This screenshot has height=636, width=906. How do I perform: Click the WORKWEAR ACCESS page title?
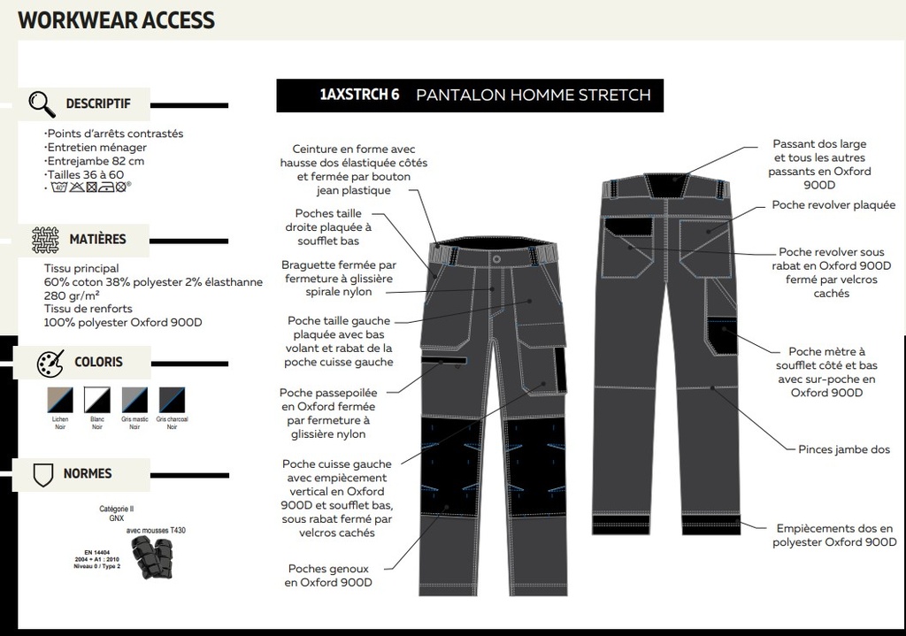pyautogui.click(x=116, y=19)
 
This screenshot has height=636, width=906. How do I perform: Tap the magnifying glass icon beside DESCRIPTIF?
pyautogui.click(x=42, y=103)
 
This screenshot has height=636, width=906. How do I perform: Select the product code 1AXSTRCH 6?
pyautogui.click(x=353, y=96)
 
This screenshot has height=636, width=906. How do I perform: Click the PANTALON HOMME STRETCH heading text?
pyautogui.click(x=533, y=96)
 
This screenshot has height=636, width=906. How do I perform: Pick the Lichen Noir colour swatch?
pyautogui.click(x=59, y=400)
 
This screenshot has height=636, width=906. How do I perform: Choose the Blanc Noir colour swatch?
pyautogui.click(x=96, y=400)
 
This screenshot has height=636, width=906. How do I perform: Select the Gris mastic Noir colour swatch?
pyautogui.click(x=134, y=400)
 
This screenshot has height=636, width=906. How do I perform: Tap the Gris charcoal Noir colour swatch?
pyautogui.click(x=172, y=400)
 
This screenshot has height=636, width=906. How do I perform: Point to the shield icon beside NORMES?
pyautogui.click(x=42, y=474)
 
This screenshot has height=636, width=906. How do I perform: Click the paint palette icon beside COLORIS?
pyautogui.click(x=50, y=363)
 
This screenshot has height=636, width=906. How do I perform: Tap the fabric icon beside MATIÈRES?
pyautogui.click(x=45, y=239)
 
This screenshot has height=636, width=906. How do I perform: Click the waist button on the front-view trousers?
pyautogui.click(x=496, y=259)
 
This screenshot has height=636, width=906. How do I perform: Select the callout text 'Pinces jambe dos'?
pyautogui.click(x=844, y=449)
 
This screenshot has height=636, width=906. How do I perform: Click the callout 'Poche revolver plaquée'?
pyautogui.click(x=833, y=205)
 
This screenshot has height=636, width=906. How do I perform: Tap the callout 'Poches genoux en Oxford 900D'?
pyautogui.click(x=328, y=576)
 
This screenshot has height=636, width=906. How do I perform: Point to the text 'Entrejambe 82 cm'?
pyautogui.click(x=96, y=161)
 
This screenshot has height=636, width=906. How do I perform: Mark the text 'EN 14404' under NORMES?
pyautogui.click(x=98, y=551)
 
